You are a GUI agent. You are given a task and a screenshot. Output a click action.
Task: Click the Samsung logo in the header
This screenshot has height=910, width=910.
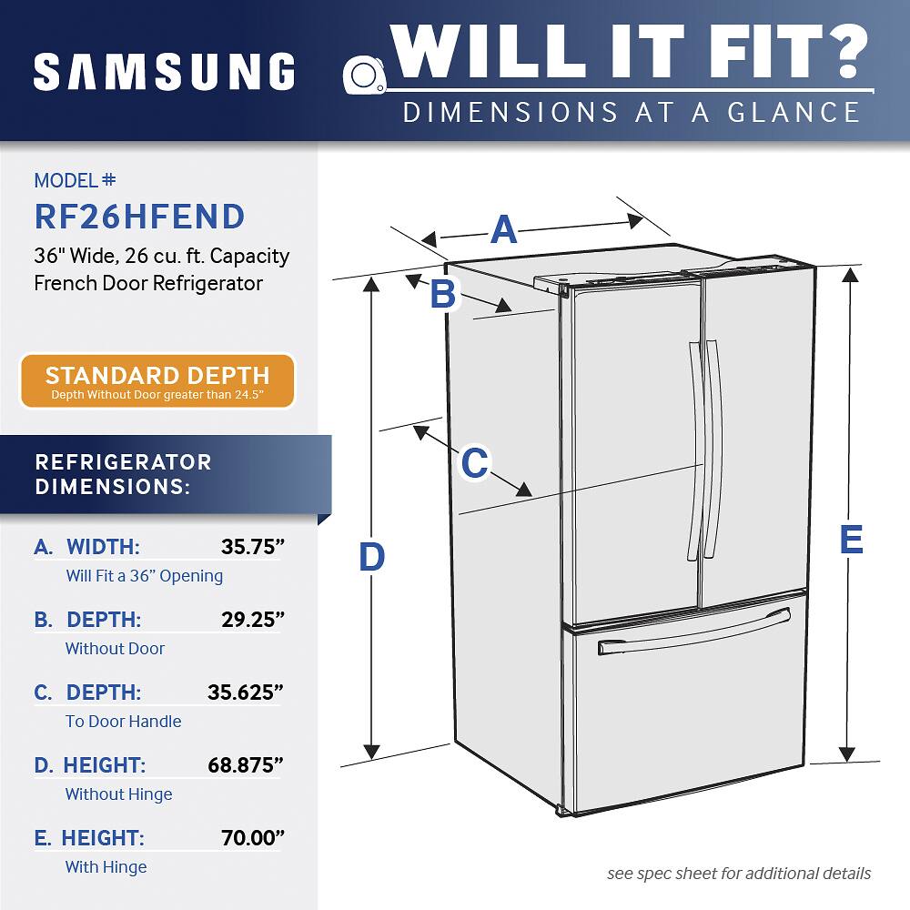164,72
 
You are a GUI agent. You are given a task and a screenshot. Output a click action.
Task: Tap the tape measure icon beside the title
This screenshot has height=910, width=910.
365,75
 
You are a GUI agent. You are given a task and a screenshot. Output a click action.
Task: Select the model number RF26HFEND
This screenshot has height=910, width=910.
139,217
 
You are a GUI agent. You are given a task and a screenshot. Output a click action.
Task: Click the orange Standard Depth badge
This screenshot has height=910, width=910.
157,380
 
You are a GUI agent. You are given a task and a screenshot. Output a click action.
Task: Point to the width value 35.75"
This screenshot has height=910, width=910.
253,547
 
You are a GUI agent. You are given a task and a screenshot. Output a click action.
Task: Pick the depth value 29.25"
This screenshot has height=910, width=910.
253,619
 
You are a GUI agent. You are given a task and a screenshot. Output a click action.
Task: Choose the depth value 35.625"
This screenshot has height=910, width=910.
246,693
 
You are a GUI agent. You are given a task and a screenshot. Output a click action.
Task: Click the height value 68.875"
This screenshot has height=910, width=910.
246,765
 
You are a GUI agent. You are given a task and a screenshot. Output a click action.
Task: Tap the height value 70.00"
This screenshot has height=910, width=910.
253,837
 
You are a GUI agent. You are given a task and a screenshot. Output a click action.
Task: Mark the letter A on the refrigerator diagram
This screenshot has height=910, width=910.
503,230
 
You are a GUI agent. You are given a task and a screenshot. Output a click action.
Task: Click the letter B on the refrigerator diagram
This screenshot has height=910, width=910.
443,293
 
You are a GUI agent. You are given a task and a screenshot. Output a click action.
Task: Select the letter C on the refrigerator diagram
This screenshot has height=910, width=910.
475,462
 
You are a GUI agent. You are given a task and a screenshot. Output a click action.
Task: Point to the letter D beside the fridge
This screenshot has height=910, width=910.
371,557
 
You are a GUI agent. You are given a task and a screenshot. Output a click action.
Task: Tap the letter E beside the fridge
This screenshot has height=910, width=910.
852,539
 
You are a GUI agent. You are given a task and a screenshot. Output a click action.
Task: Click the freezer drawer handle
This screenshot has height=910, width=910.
694,632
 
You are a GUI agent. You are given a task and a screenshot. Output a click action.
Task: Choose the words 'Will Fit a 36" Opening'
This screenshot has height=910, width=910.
145,576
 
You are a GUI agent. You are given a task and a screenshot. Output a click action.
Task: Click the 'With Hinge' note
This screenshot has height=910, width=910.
106,867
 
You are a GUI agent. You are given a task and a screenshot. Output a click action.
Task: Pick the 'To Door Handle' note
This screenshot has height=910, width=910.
123,722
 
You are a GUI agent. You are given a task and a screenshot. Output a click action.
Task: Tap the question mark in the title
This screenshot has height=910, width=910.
846,51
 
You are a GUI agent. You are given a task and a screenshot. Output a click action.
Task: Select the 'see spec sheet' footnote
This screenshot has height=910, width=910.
739,874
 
